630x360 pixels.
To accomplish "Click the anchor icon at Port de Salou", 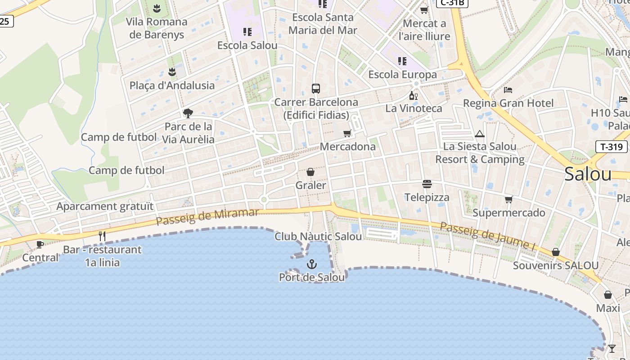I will click(x=311, y=264).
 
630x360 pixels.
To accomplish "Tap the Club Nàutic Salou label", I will click(x=318, y=236).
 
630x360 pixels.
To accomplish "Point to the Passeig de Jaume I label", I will click(x=487, y=236).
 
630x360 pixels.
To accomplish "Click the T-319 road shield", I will click(x=612, y=146).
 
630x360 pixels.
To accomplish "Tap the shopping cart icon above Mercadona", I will click(x=347, y=133).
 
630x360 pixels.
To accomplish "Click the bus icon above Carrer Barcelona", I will click(x=316, y=89).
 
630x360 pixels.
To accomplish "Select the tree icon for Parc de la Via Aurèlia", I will click(x=188, y=113).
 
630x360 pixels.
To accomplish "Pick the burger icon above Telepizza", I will click(x=427, y=184).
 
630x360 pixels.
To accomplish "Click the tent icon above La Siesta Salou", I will click(x=480, y=134).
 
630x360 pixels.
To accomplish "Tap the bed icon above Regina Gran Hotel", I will click(x=508, y=90).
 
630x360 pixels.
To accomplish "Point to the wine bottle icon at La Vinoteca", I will click(x=413, y=95).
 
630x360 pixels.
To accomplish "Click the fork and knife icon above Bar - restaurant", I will click(x=102, y=236).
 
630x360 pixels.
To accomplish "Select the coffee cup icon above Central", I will click(x=40, y=244).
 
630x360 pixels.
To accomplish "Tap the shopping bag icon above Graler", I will click(x=310, y=172).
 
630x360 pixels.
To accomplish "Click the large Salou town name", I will click(x=588, y=174).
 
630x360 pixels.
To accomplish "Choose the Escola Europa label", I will click(x=402, y=74).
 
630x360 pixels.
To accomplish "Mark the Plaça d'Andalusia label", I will click(x=172, y=85).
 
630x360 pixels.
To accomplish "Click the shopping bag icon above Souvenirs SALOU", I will click(x=556, y=252).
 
